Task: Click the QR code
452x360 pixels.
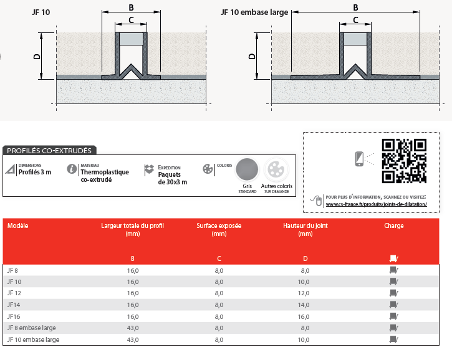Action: pos(405,161)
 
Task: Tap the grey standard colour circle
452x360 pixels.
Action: pos(248,169)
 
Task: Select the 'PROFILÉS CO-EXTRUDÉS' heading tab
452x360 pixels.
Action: pos(48,150)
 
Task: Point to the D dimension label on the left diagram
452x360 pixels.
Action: pos(37,57)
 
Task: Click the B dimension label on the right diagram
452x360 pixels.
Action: pos(355,7)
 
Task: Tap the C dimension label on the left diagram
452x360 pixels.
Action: pos(131,20)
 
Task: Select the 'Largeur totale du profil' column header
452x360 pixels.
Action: pos(132,226)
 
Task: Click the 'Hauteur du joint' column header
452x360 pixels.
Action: pos(305,226)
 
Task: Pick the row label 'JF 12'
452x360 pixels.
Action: pos(14,293)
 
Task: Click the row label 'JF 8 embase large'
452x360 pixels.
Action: pos(32,328)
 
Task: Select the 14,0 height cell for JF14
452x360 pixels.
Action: pos(305,305)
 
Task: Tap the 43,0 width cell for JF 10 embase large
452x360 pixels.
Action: pos(133,340)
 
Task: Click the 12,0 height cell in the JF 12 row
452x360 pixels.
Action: pos(305,293)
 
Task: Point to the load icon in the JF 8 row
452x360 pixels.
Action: pos(393,270)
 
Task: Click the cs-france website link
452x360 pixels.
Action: pos(376,204)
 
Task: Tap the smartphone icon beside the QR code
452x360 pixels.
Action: pos(360,159)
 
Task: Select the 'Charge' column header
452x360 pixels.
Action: pos(394,226)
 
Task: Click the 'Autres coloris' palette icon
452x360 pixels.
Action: pos(276,169)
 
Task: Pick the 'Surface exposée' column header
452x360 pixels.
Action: pos(219,226)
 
